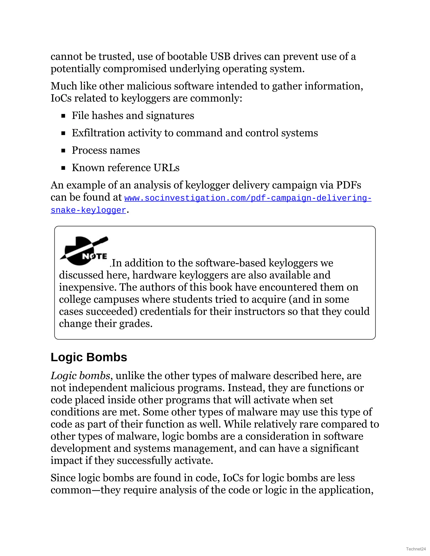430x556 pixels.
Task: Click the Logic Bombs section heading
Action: click(89, 357)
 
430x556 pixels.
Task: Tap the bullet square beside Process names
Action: click(63, 151)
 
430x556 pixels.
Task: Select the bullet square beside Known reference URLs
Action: click(63, 168)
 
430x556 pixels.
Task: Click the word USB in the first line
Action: click(220, 56)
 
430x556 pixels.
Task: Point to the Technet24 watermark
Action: click(416, 549)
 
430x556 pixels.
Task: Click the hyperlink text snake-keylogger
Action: click(88, 210)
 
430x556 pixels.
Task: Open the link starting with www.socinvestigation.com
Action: click(248, 198)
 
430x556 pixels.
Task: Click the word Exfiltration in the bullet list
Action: click(98, 133)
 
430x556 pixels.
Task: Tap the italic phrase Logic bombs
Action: click(80, 376)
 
